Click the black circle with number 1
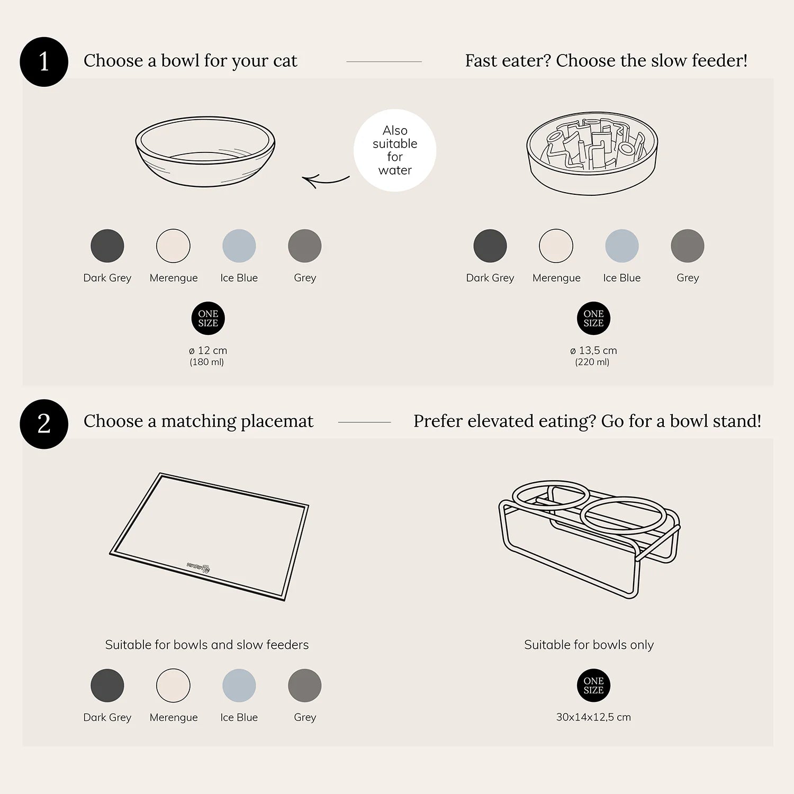44,62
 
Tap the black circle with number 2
44,424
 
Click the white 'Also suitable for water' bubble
395,150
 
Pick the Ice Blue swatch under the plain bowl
239,246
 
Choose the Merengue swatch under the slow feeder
556,246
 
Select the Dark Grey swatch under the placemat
107,685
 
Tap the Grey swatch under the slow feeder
688,246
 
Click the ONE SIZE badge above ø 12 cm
208,319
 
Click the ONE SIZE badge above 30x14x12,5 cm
593,685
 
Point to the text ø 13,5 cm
593,350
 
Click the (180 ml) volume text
207,363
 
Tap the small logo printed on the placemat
198,567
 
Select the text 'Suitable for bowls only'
589,645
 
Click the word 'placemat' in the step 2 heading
277,421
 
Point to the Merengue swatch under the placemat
173,685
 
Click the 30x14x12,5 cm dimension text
593,717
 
